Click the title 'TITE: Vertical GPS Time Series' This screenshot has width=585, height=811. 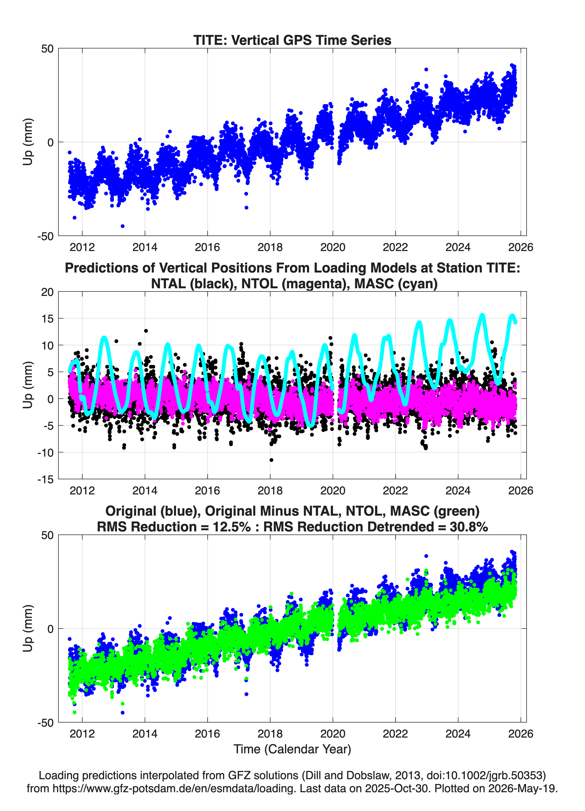[x=292, y=40]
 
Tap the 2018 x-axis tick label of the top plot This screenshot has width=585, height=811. [x=270, y=247]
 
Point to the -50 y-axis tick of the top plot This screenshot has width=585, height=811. [x=45, y=236]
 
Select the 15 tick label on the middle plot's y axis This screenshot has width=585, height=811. [x=48, y=318]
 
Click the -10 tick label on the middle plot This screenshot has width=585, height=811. [x=45, y=452]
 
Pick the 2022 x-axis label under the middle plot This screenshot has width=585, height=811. [x=395, y=490]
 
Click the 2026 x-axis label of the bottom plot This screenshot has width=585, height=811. [x=521, y=733]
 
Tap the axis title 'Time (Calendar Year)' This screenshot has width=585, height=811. [x=292, y=749]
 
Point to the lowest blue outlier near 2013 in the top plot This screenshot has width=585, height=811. [x=122, y=226]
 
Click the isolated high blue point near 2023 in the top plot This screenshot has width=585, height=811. [x=426, y=70]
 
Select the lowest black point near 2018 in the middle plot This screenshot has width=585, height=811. [x=271, y=460]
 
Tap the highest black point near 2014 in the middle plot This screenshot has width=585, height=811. [x=146, y=331]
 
